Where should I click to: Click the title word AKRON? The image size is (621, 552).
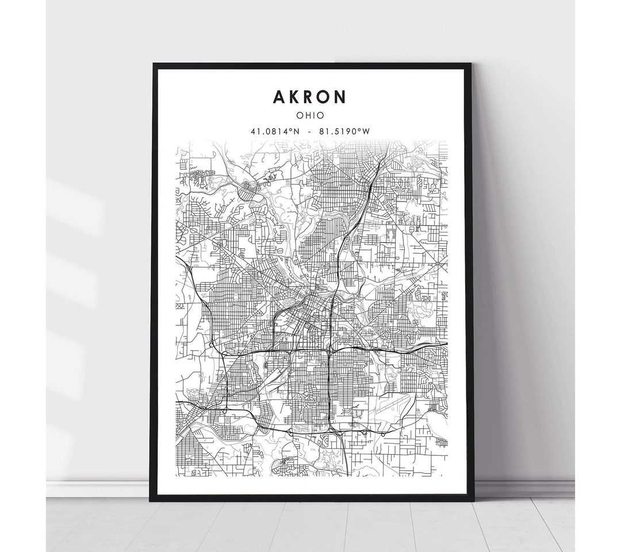coord(310,97)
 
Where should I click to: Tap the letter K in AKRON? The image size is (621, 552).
coord(294,97)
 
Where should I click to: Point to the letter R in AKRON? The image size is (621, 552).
coord(310,97)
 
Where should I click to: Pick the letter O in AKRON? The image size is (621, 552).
coord(325,97)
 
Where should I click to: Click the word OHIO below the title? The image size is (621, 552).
coord(310,116)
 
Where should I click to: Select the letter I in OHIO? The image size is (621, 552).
coord(313,116)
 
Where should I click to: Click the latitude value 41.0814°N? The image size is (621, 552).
coord(275,131)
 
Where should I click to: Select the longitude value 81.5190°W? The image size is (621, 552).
coord(344,131)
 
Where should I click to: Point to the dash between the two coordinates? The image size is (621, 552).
coord(310,131)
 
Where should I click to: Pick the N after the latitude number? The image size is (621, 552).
coord(296,131)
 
